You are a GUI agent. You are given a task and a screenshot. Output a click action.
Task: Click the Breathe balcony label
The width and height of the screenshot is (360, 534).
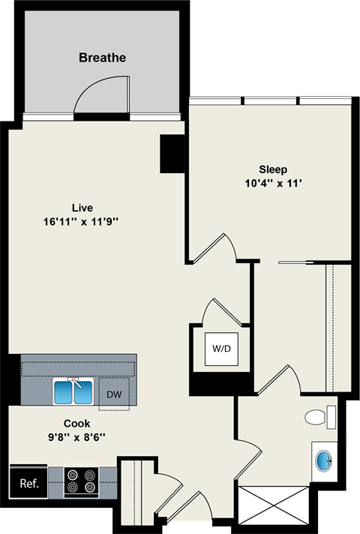(102, 57)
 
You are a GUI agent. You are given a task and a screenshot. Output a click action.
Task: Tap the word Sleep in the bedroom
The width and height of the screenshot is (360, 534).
(273, 169)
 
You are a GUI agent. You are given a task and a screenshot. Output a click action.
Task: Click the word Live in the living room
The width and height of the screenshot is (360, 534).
(82, 207)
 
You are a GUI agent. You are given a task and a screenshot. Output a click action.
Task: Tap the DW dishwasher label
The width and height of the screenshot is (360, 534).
(114, 394)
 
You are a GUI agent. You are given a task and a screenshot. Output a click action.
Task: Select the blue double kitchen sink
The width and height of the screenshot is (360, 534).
(73, 391)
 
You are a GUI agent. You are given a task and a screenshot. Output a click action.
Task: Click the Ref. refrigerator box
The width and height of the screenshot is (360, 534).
(29, 482)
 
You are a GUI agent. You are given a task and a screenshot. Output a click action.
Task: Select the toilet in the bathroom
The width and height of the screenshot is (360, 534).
(318, 416)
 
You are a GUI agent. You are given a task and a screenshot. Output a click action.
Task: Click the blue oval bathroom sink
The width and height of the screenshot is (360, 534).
(324, 459)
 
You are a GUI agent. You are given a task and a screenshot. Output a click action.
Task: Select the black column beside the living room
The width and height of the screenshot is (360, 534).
(172, 154)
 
